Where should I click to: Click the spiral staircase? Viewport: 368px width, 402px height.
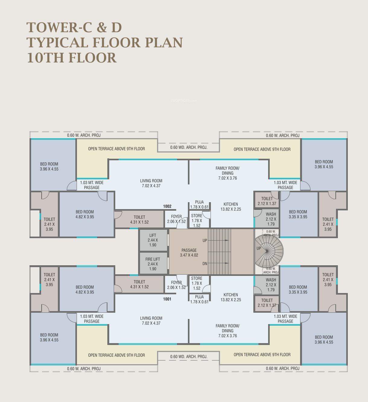point(269,251)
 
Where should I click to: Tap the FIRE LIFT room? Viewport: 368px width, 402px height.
point(153,264)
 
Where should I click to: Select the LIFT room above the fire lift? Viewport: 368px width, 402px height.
point(153,240)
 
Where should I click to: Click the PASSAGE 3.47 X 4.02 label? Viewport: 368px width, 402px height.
point(189,253)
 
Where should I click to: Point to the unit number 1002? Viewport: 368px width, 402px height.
point(167,206)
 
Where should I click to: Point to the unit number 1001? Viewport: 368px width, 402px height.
point(167,299)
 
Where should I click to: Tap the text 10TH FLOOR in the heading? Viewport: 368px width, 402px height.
point(72,58)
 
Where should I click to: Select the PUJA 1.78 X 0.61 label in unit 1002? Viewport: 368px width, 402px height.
point(199,205)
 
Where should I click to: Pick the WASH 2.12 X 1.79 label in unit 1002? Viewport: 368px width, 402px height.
point(271,219)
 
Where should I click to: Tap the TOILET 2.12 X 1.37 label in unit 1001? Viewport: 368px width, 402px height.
point(267,303)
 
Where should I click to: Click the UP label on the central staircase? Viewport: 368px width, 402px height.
point(205,241)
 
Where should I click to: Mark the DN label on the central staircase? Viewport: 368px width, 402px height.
point(205,263)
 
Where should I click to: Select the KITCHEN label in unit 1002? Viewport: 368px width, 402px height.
point(231,207)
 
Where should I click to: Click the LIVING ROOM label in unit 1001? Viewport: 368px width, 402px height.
point(151,321)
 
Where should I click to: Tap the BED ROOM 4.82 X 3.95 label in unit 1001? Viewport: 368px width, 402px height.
point(85,290)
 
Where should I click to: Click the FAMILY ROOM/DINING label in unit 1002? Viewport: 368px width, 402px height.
point(227,173)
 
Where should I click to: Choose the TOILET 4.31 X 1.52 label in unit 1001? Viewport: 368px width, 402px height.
point(139,284)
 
